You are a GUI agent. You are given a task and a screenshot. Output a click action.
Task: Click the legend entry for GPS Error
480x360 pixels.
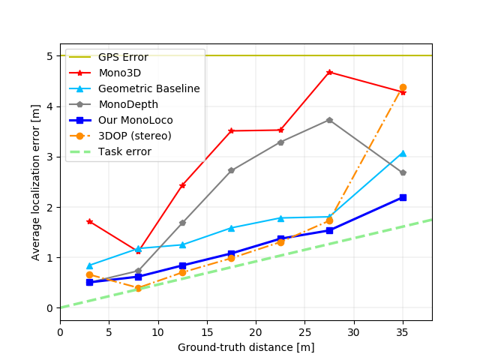tap(123, 57)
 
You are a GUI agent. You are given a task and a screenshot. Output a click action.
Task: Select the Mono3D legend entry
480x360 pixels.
tap(120, 73)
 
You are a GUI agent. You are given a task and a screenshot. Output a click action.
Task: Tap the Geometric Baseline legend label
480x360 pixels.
tap(148, 88)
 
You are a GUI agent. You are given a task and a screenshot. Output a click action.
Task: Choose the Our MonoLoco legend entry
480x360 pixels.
tap(135, 120)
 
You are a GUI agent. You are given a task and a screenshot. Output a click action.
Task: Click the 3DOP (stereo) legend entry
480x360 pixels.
tap(134, 136)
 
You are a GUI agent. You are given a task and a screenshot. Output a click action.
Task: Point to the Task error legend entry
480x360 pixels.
tap(124, 151)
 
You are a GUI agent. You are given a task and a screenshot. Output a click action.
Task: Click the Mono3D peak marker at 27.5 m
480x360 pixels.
tap(329, 72)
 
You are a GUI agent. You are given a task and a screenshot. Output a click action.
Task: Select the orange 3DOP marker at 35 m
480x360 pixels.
tap(403, 88)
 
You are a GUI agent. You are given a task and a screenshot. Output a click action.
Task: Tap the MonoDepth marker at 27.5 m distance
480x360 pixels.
tap(329, 120)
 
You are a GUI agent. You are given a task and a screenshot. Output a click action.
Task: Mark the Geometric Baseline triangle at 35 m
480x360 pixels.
tap(403, 153)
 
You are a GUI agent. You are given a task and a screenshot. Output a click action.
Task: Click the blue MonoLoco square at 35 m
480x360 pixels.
tap(403, 197)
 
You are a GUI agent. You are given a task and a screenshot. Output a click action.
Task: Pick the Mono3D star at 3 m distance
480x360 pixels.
tap(89, 221)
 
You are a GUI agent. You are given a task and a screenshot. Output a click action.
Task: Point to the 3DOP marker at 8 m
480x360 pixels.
tap(138, 288)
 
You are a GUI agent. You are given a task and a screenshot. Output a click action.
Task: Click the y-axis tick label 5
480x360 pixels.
tap(49, 55)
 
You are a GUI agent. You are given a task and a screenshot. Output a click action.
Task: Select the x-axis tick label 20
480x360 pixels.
tap(256, 331)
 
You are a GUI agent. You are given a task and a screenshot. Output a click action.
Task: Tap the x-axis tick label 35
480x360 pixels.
tap(403, 331)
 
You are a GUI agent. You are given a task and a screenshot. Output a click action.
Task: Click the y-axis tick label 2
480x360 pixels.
tap(49, 207)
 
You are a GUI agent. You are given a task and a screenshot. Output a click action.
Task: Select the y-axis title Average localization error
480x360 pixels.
tap(36, 181)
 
